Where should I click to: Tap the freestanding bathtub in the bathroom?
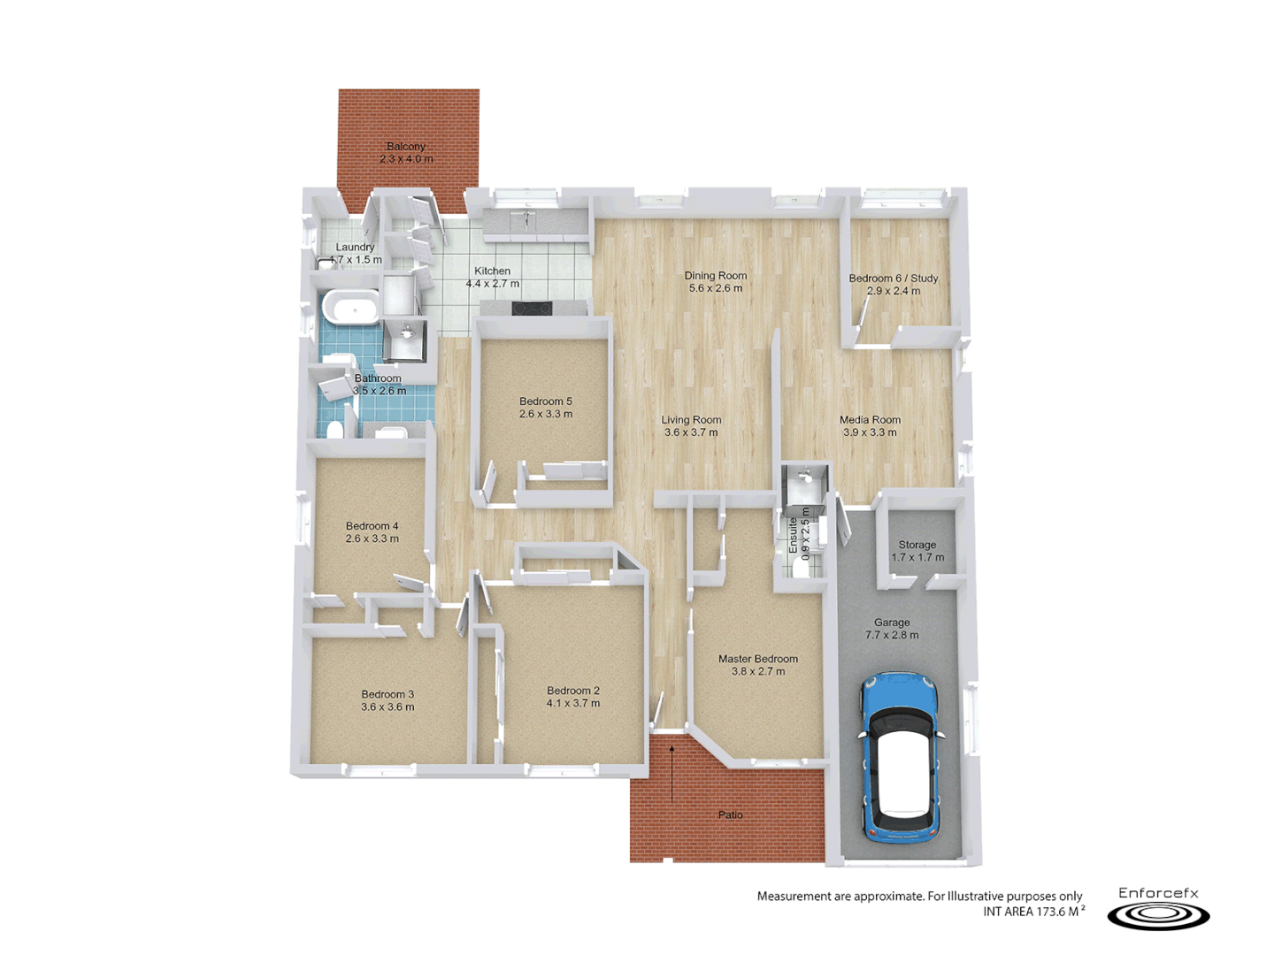click(x=351, y=309)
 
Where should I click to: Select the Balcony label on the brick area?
click(x=406, y=147)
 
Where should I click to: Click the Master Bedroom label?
click(x=758, y=659)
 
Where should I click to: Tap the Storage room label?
click(x=917, y=545)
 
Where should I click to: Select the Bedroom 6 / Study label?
click(x=894, y=278)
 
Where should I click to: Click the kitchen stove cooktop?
click(x=532, y=309)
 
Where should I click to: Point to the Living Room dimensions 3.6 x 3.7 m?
click(x=691, y=433)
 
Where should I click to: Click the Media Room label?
click(x=870, y=420)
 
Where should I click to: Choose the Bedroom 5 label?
click(x=546, y=401)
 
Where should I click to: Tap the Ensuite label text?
click(x=793, y=535)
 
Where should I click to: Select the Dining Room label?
click(x=716, y=276)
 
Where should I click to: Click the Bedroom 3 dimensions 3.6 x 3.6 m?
click(x=388, y=707)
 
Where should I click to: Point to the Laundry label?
click(x=355, y=248)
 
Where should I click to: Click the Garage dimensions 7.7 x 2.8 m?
click(x=892, y=635)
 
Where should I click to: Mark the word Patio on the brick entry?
click(x=731, y=815)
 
